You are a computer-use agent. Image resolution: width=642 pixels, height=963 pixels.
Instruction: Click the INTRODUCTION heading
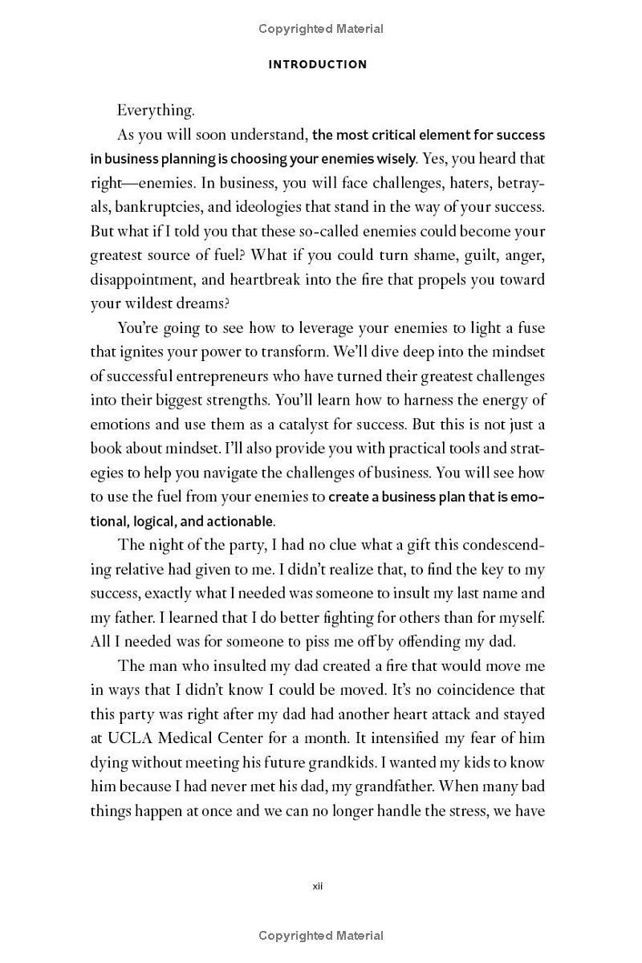pyautogui.click(x=318, y=64)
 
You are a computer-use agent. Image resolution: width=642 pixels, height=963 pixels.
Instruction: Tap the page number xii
pyautogui.click(x=317, y=886)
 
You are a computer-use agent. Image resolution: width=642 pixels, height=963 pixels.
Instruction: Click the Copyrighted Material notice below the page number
pyautogui.click(x=321, y=935)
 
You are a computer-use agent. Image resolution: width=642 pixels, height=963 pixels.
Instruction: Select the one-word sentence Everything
pyautogui.click(x=156, y=111)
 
